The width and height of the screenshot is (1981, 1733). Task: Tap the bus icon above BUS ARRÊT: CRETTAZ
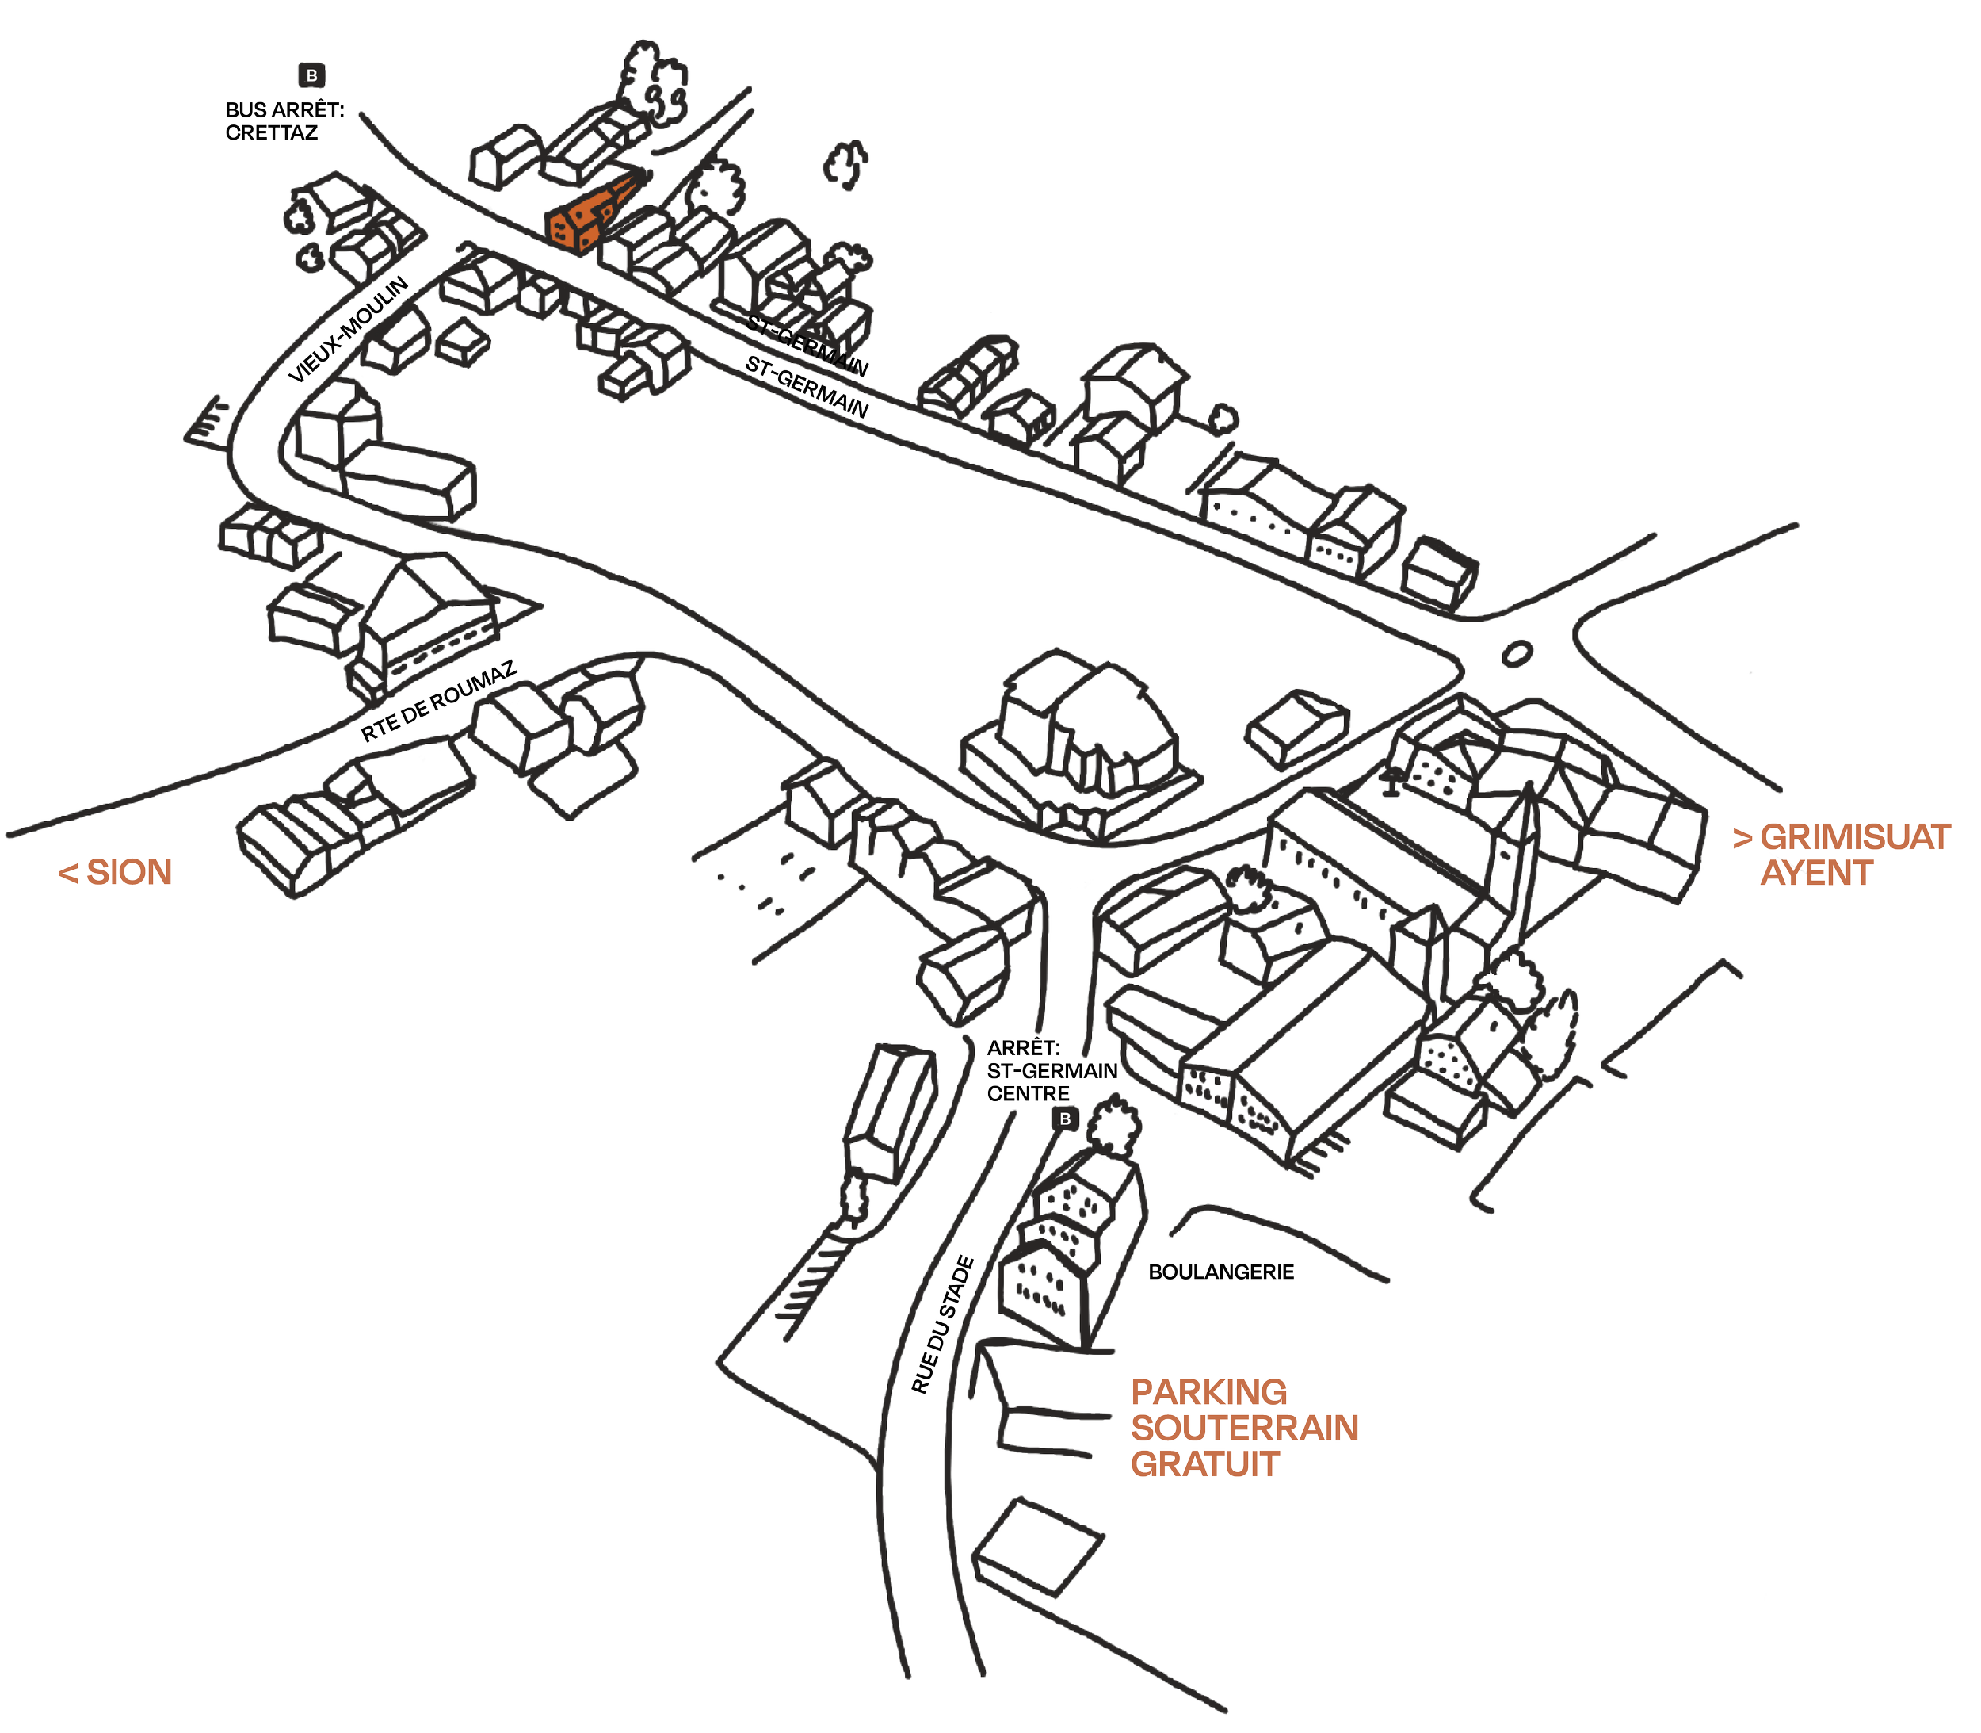(311, 75)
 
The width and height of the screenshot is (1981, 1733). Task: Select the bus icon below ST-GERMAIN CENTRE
(1064, 1119)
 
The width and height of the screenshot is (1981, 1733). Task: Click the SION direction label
(116, 872)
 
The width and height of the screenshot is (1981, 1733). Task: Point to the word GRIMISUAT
(1854, 837)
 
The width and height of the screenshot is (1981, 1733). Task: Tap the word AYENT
(1815, 874)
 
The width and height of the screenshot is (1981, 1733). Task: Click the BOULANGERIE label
(1220, 1272)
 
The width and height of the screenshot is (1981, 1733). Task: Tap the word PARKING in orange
(1208, 1393)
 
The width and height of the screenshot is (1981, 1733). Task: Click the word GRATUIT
(1204, 1464)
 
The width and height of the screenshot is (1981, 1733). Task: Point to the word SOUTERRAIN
(1244, 1429)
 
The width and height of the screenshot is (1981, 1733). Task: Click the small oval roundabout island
(1517, 654)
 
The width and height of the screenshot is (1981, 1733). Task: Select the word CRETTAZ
(271, 132)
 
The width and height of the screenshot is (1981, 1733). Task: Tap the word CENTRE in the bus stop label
(1028, 1094)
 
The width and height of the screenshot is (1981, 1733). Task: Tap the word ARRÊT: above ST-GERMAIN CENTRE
(1023, 1048)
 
